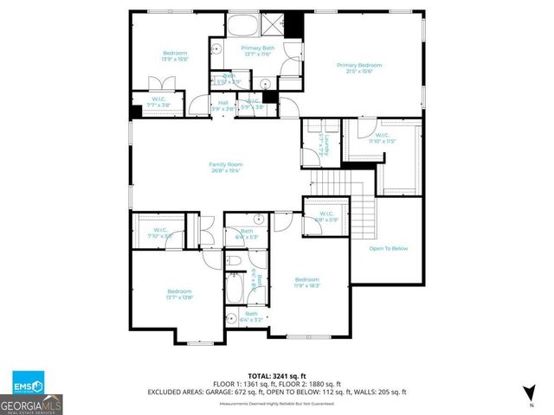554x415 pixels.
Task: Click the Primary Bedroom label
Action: (358, 68)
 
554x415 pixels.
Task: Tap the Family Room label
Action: (225, 167)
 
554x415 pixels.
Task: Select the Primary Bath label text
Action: (256, 50)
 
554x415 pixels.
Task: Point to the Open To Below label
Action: (388, 248)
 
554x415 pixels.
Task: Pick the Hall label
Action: (223, 105)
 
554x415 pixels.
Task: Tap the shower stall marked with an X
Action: (272, 23)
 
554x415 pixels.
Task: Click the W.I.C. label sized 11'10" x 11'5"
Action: (381, 137)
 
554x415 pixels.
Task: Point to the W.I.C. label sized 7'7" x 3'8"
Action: (160, 102)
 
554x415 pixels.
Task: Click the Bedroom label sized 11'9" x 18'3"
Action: (306, 283)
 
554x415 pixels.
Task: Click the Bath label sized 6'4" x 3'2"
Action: (251, 317)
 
